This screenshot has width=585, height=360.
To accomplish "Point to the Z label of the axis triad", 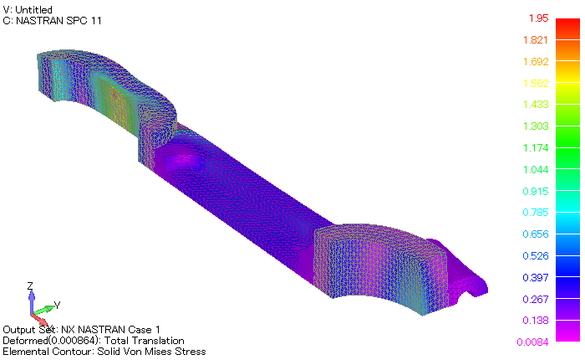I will click(x=30, y=286).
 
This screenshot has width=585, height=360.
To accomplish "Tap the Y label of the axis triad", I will click(x=56, y=304).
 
